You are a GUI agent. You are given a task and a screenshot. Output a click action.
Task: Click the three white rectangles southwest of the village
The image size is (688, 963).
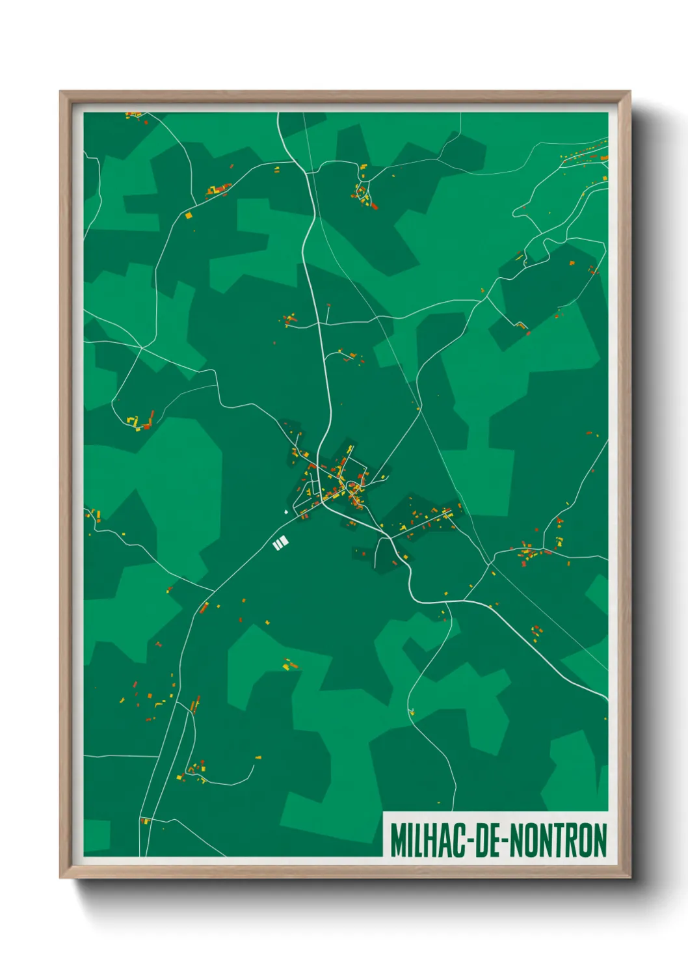280,543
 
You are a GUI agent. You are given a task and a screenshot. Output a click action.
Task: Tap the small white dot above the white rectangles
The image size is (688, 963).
285,512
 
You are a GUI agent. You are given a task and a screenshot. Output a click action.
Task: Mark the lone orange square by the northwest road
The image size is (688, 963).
189,215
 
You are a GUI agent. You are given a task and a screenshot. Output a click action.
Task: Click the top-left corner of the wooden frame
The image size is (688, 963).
61,92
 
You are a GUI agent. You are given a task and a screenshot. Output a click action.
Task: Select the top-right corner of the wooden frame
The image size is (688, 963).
629,92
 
